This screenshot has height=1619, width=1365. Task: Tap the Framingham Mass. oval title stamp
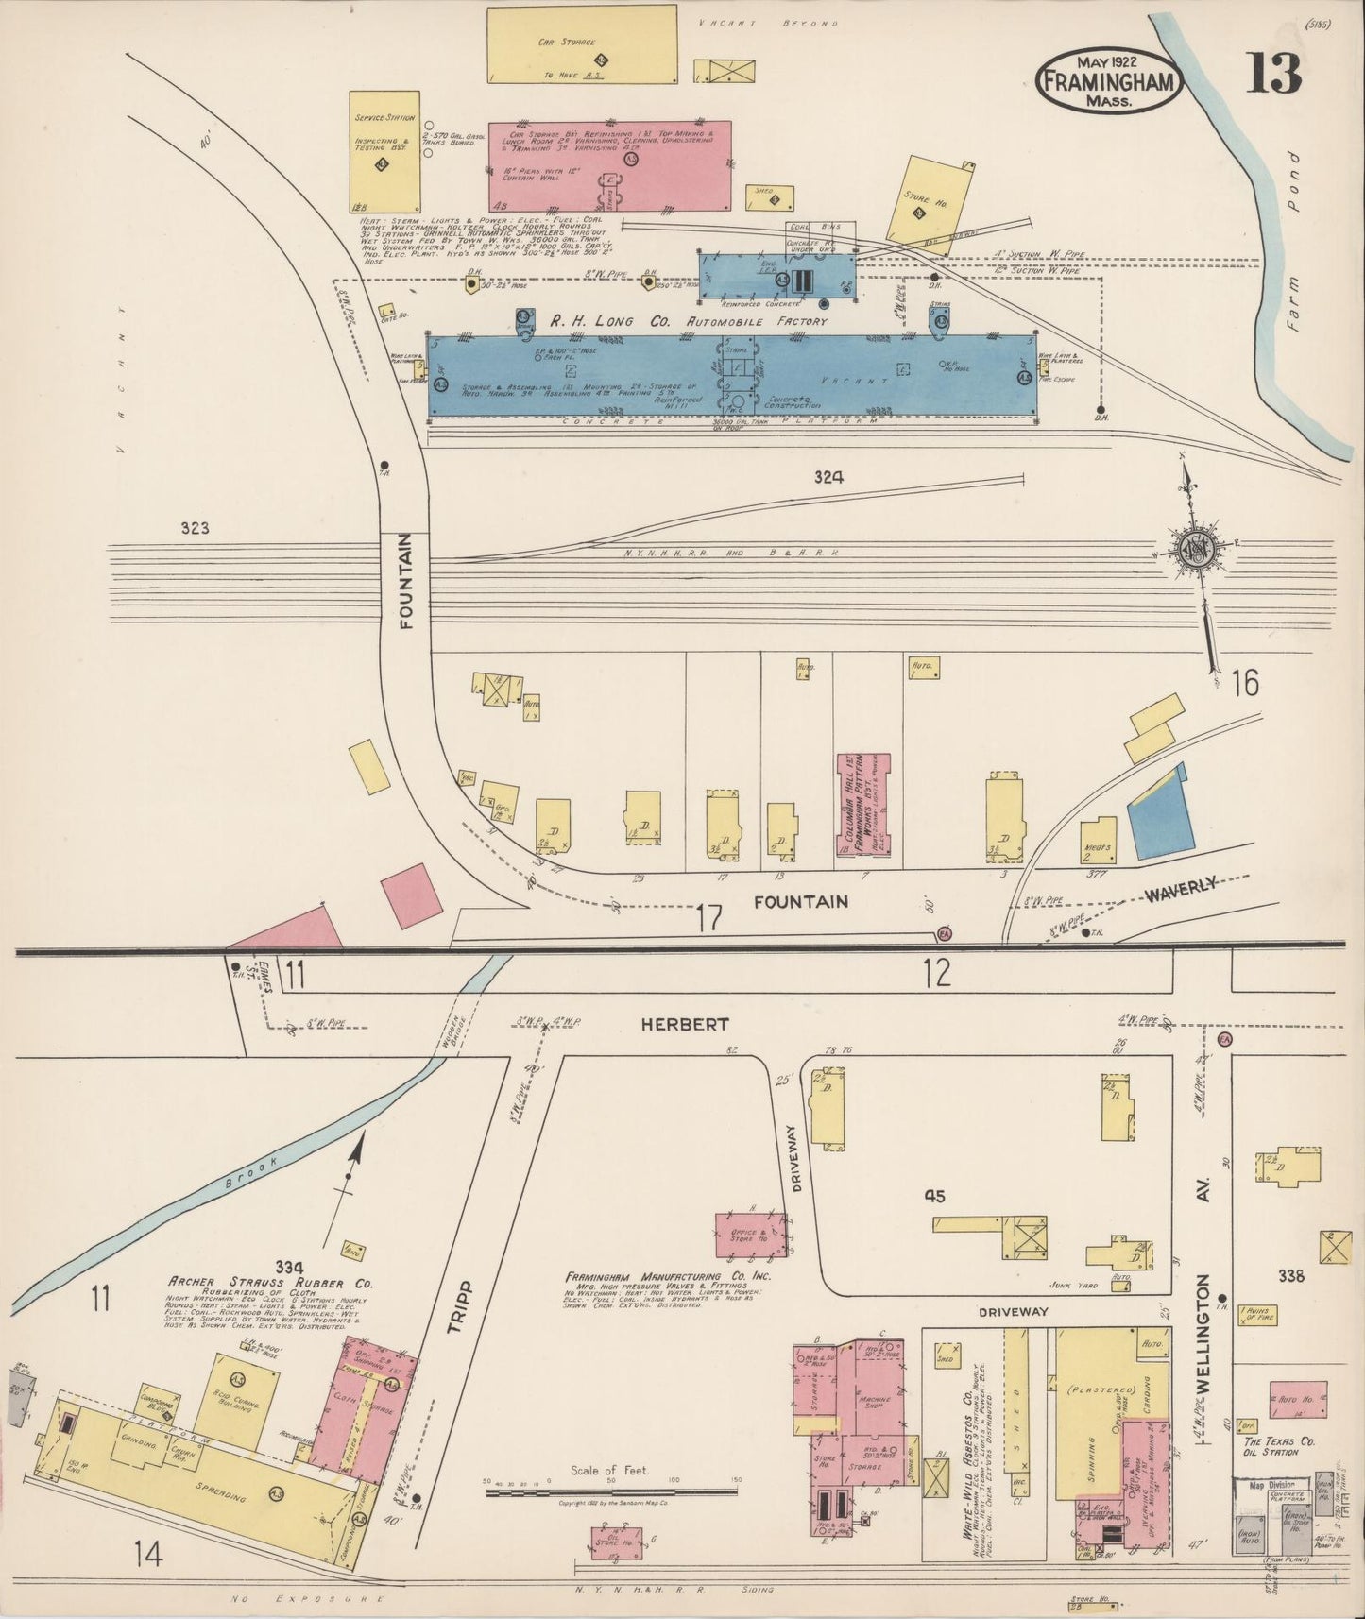[1109, 81]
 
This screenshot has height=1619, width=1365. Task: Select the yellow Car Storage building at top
[583, 43]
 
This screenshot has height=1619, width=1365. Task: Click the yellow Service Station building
[384, 151]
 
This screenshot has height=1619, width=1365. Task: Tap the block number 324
[828, 478]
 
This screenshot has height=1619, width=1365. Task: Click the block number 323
[195, 529]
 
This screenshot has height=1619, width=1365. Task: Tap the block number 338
[1290, 1276]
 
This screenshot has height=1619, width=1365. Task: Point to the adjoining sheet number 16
[1244, 683]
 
